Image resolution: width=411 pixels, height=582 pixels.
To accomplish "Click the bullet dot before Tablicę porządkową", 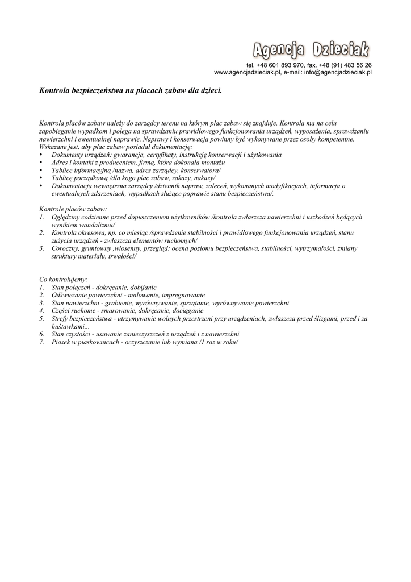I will click(x=41, y=178).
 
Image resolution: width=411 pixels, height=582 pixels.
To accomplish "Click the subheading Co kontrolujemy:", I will click(x=63, y=280).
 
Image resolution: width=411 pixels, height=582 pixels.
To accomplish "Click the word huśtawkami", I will click(x=69, y=327).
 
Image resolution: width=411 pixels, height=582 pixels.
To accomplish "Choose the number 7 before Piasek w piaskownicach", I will click(x=42, y=342).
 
